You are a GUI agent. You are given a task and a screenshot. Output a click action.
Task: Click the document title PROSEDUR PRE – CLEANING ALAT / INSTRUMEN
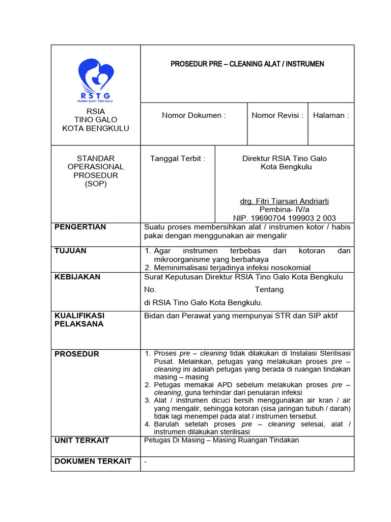point(247,64)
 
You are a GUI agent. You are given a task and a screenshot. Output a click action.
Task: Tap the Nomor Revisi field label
point(277,116)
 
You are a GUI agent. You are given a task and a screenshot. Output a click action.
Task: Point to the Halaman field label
point(331,116)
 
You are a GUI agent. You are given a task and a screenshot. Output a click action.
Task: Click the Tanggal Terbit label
point(178,159)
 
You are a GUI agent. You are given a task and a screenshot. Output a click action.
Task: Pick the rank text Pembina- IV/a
point(284,210)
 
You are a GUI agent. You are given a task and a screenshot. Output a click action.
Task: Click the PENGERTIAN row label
point(80,227)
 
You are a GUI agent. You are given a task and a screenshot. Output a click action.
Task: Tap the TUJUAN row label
point(70,251)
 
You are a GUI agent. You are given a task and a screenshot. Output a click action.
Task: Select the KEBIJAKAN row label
point(77,277)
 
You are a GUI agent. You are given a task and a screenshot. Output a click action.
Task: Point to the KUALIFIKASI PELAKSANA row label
point(79,320)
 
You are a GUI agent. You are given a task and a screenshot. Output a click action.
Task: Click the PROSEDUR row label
point(77,354)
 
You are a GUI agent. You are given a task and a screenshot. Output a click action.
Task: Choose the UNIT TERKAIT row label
point(81,440)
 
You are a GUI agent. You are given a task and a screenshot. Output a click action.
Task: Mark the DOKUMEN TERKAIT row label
point(93,461)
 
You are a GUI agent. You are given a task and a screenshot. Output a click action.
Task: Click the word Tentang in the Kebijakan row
point(269,290)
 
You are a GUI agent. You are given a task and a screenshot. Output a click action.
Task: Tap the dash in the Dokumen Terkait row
point(146,461)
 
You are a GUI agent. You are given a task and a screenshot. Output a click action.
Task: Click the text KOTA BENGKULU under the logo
point(96,128)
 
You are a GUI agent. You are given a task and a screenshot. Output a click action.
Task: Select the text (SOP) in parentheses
point(96,184)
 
